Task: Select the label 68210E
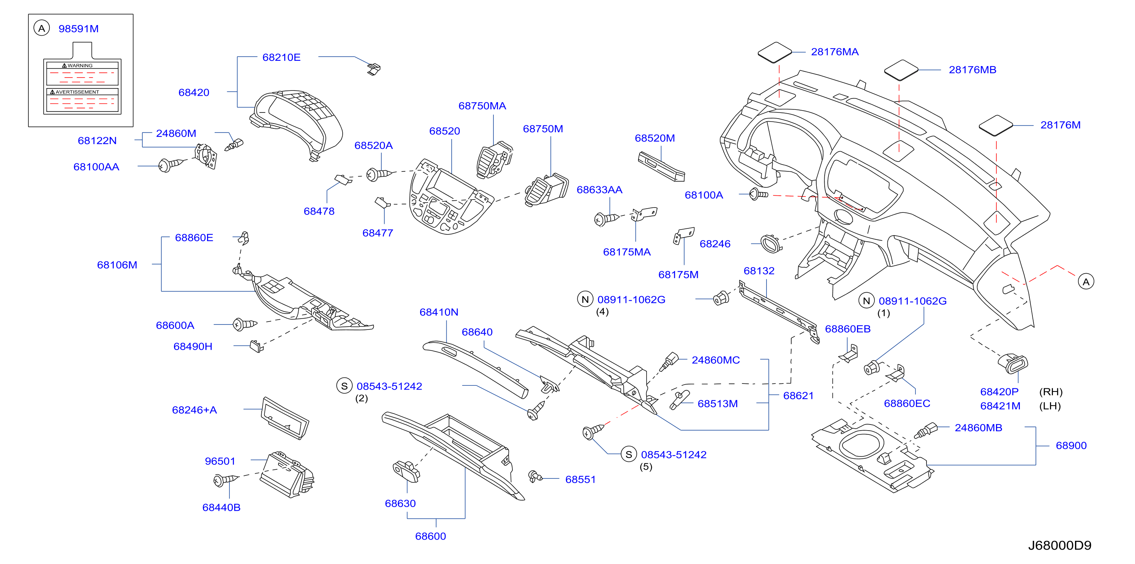pyautogui.click(x=281, y=57)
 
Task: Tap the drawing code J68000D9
pyautogui.click(x=1060, y=545)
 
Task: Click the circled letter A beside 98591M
pyautogui.click(x=41, y=29)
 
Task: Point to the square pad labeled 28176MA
pyautogui.click(x=775, y=52)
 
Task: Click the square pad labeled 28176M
pyautogui.click(x=995, y=126)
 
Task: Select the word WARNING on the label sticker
pyautogui.click(x=80, y=66)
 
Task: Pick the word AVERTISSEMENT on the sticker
pyautogui.click(x=77, y=92)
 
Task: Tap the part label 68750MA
pyautogui.click(x=482, y=106)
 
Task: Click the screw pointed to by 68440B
pyautogui.click(x=225, y=480)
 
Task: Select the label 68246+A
pyautogui.click(x=194, y=410)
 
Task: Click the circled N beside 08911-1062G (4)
pyautogui.click(x=585, y=299)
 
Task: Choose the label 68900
pyautogui.click(x=1071, y=445)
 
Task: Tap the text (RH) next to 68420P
pyautogui.click(x=1051, y=392)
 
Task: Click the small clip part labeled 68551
pyautogui.click(x=535, y=476)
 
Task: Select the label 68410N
pyautogui.click(x=439, y=312)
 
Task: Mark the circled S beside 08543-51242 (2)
pyautogui.click(x=345, y=386)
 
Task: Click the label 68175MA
pyautogui.click(x=626, y=252)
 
